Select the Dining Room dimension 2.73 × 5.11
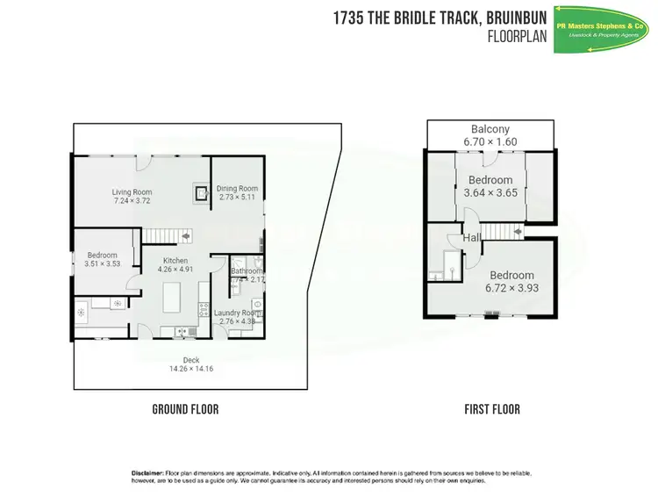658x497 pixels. click(x=237, y=198)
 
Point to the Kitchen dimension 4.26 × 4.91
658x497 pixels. click(x=175, y=270)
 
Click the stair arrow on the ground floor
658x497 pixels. click(x=187, y=235)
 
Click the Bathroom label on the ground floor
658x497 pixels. click(x=246, y=271)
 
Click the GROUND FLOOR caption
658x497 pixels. click(x=185, y=409)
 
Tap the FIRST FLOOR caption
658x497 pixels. click(x=492, y=409)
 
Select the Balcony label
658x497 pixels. click(x=490, y=129)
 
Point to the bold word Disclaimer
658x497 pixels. click(x=147, y=473)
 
